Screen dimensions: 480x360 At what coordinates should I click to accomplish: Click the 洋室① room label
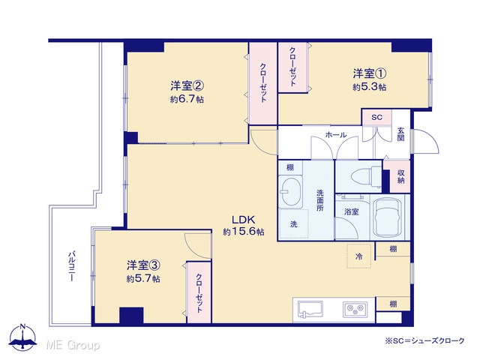[x=370, y=73]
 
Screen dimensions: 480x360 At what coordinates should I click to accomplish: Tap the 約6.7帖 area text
[x=187, y=100]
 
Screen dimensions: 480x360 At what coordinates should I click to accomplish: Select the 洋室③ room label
[x=143, y=265]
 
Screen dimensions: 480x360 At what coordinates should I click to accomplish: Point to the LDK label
[x=243, y=220]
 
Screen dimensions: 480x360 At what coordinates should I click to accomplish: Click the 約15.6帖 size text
[x=243, y=232]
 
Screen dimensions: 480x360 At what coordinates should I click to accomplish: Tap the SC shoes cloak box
[x=376, y=117]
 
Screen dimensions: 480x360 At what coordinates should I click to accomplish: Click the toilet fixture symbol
[x=367, y=177]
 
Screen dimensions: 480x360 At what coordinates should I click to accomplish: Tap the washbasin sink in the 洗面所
[x=290, y=192]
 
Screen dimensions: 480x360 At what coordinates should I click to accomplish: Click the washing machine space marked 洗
[x=293, y=224]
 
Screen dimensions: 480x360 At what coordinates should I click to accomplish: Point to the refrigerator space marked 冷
[x=358, y=256]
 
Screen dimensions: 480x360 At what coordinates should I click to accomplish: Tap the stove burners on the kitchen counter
[x=355, y=310]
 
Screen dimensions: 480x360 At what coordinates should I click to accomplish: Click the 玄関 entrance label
[x=401, y=134]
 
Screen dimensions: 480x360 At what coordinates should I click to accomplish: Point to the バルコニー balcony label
[x=71, y=266]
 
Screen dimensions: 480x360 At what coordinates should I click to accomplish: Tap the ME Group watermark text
[x=73, y=346]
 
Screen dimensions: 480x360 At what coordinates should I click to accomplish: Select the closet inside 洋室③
[x=199, y=292]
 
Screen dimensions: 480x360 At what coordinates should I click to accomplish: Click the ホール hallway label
[x=336, y=135]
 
